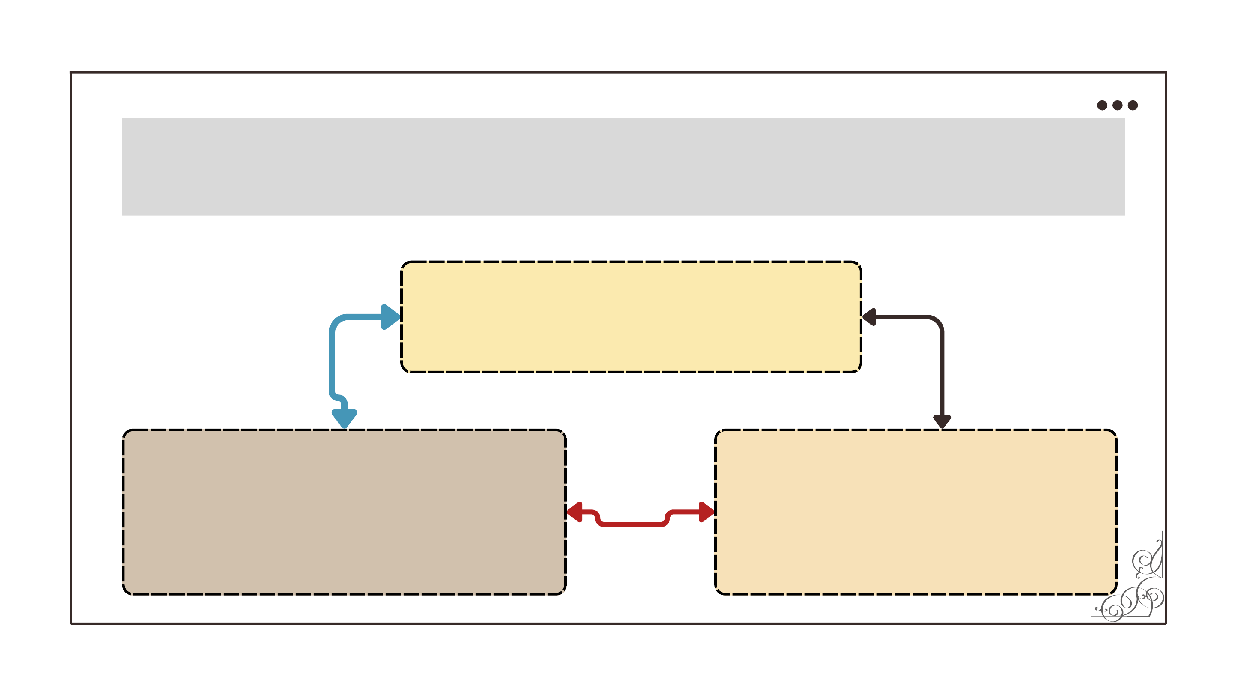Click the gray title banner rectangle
pos(623,166)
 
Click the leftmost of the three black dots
pos(1102,105)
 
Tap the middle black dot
pos(1118,105)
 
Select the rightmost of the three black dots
pos(1133,105)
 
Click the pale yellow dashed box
pos(631,316)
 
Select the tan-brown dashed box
pos(344,512)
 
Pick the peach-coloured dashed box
pos(916,512)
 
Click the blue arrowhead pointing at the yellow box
pos(390,316)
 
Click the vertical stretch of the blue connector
pos(332,360)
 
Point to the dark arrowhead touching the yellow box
pos(870,317)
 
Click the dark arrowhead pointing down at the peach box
pos(942,421)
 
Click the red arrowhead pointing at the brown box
pos(575,512)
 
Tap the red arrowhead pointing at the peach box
pos(706,512)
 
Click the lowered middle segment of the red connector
pos(632,524)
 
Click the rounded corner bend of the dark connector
pos(936,323)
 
